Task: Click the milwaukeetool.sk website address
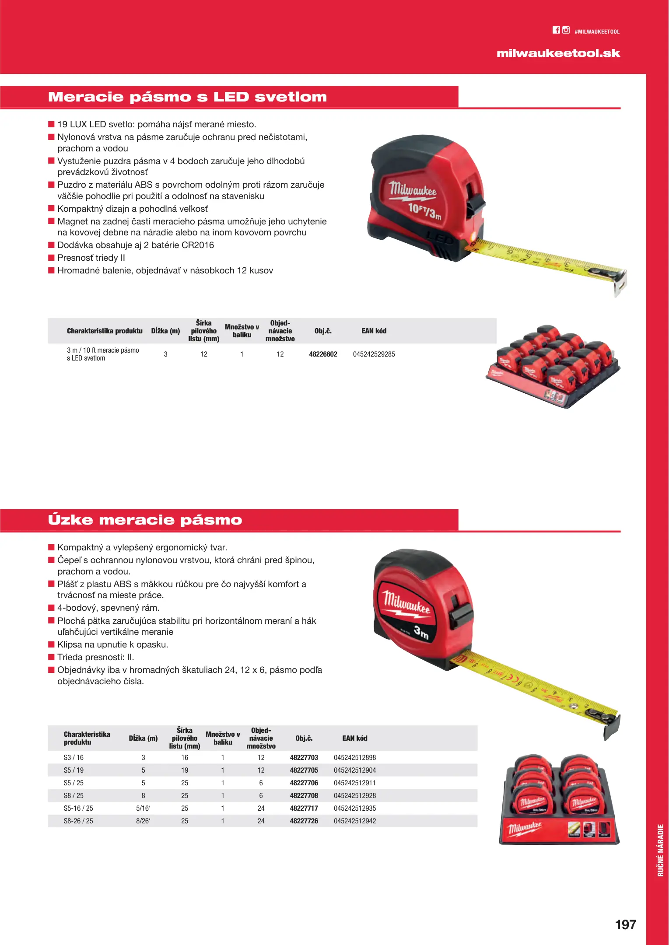click(x=558, y=53)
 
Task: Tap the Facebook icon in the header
click(x=556, y=30)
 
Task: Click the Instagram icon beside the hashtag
click(x=566, y=30)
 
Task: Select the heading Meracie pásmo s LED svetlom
click(x=187, y=97)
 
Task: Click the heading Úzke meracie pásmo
click(x=145, y=520)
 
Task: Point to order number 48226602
click(x=323, y=354)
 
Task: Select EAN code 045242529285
click(x=374, y=354)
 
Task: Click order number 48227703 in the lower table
click(x=304, y=757)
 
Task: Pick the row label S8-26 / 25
click(x=78, y=821)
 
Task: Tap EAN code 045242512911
click(x=354, y=783)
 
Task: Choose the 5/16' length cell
click(x=143, y=808)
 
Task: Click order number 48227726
click(x=304, y=821)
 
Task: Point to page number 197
click(x=625, y=924)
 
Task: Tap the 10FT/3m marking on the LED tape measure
click(x=424, y=211)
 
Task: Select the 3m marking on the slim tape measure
click(x=421, y=632)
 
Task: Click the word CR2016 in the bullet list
click(x=198, y=245)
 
